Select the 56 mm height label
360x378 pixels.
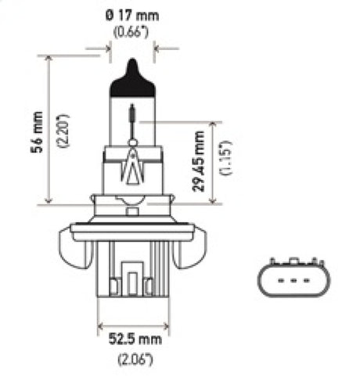[35, 130]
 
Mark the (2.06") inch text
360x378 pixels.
[131, 360]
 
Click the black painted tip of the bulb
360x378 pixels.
[131, 83]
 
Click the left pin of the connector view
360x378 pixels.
[280, 279]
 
